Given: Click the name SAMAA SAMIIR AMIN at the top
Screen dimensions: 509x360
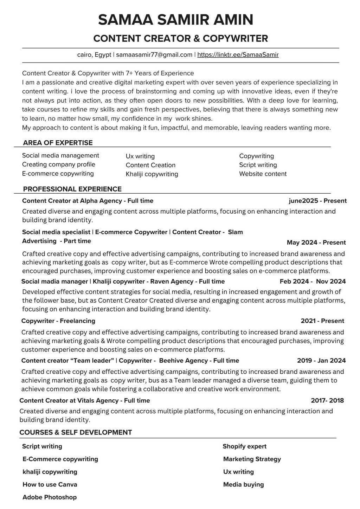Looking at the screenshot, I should pyautogui.click(x=175, y=20).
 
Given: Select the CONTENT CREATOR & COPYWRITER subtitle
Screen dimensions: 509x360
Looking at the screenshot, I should pyautogui.click(x=181, y=38).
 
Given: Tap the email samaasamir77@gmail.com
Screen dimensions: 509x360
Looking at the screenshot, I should pyautogui.click(x=154, y=55).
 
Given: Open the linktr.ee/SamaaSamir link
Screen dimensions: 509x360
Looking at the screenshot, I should pyautogui.click(x=238, y=55).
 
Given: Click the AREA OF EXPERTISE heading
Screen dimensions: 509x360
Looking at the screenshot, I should pyautogui.click(x=58, y=143).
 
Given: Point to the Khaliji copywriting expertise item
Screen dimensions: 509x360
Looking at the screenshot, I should pyautogui.click(x=152, y=174).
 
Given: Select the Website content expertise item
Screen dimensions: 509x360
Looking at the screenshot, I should pyautogui.click(x=263, y=174).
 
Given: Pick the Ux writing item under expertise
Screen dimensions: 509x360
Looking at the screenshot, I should pyautogui.click(x=140, y=156).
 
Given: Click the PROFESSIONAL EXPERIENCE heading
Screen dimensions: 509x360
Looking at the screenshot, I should pyautogui.click(x=72, y=189).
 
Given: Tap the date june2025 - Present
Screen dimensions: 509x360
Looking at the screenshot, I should pyautogui.click(x=317, y=201).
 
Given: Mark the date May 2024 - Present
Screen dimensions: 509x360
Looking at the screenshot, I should pyautogui.click(x=316, y=243).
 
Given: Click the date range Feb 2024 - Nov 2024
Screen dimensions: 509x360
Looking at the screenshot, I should pyautogui.click(x=313, y=281).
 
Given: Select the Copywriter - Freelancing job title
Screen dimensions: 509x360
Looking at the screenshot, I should pyautogui.click(x=58, y=321).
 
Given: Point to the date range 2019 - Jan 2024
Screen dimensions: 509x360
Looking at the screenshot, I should pyautogui.click(x=321, y=360).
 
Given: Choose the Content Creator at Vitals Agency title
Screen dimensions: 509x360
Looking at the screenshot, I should pyautogui.click(x=85, y=400).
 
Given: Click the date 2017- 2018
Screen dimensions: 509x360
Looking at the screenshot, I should pyautogui.click(x=327, y=400).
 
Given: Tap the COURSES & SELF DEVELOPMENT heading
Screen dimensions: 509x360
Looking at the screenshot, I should pyautogui.click(x=76, y=432).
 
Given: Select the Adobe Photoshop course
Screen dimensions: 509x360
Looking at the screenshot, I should pyautogui.click(x=50, y=497).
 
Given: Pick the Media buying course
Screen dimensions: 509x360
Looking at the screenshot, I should pyautogui.click(x=243, y=484).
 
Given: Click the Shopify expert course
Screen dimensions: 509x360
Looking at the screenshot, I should pyautogui.click(x=244, y=446).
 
